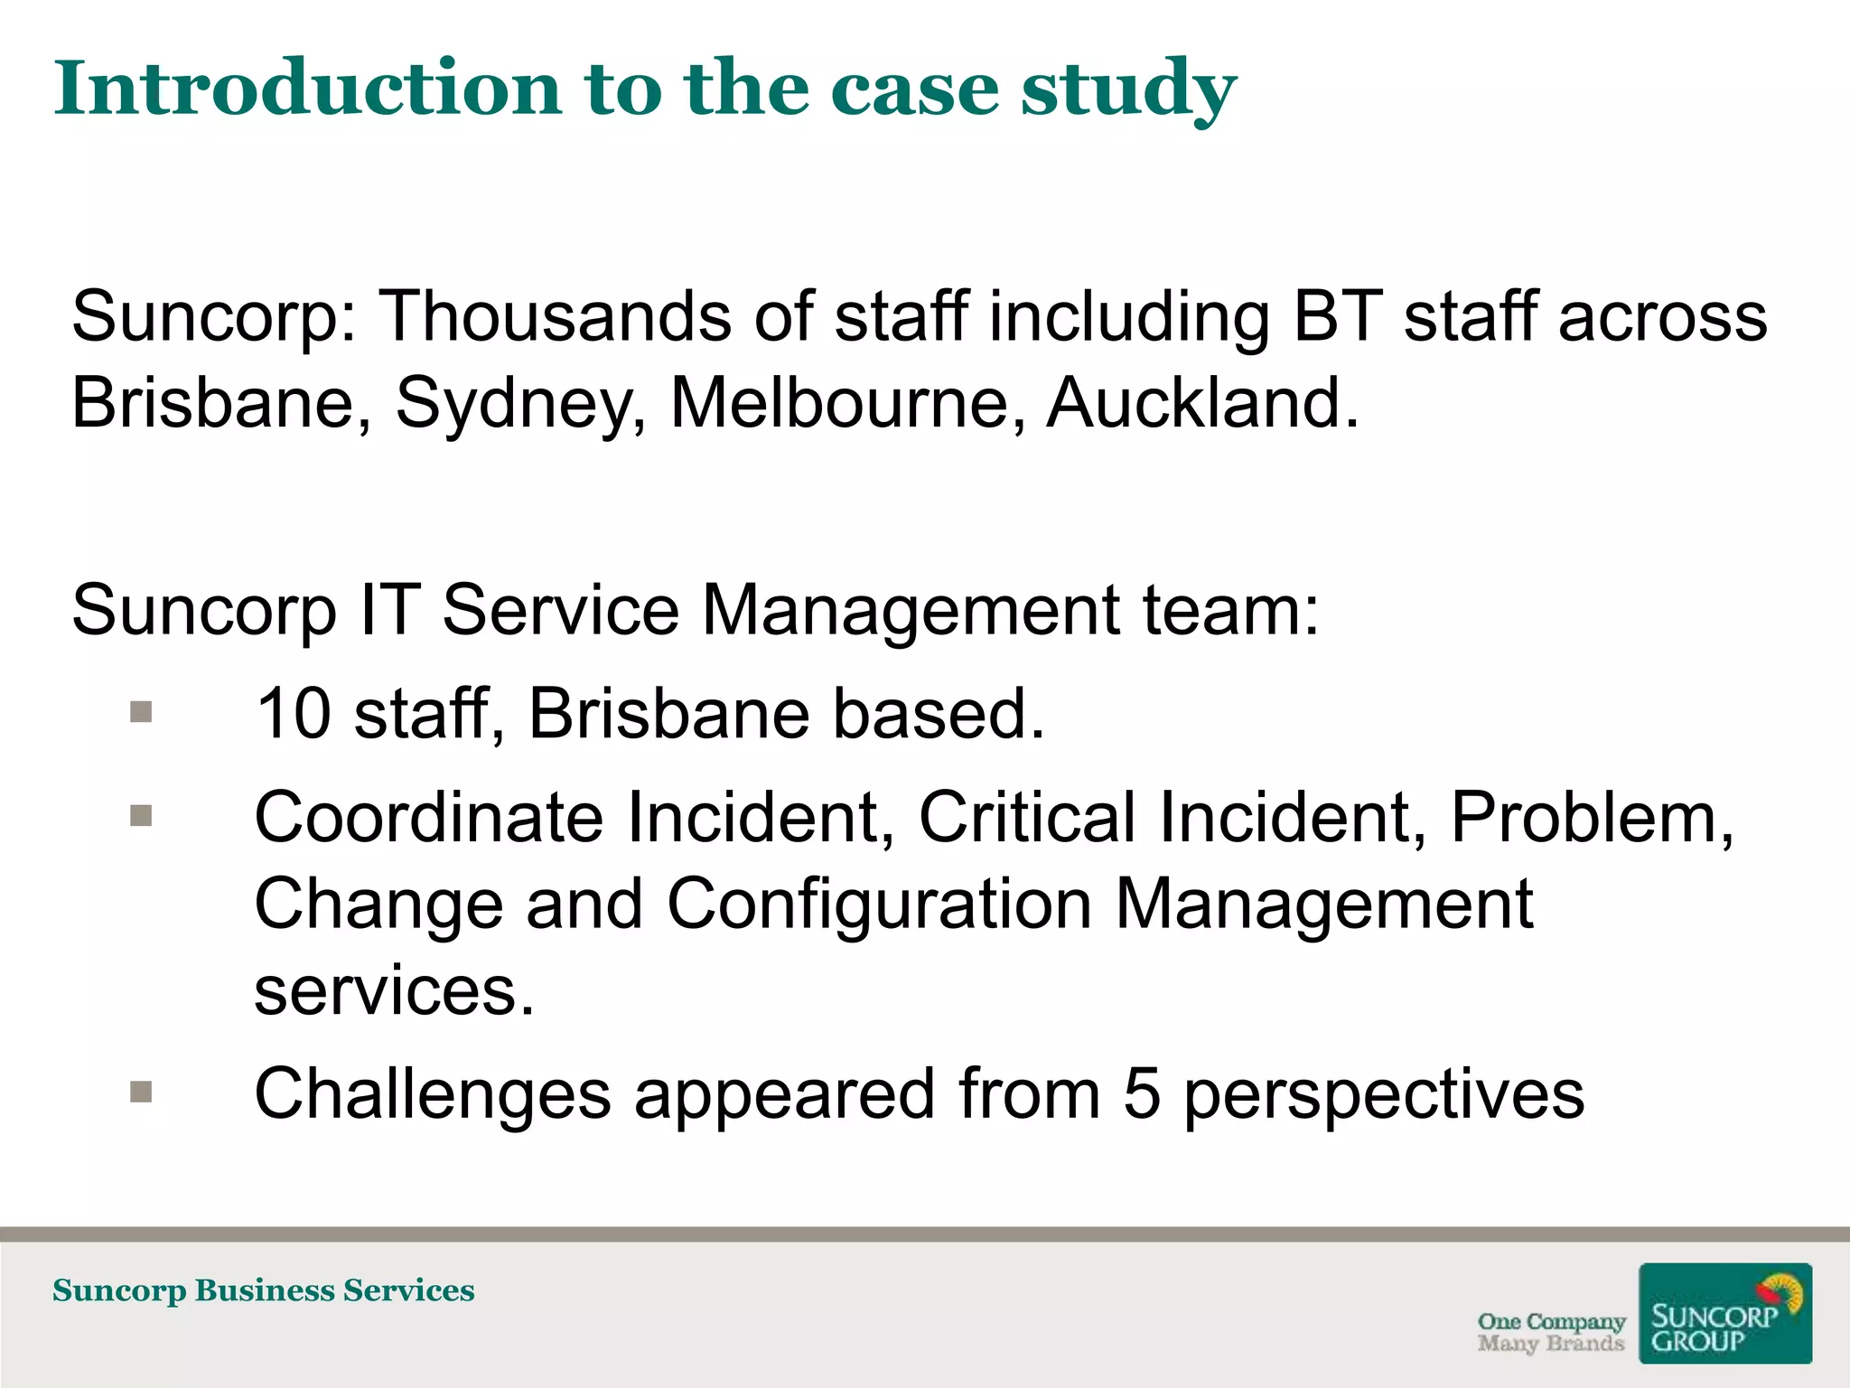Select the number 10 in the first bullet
[293, 714]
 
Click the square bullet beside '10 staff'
[141, 713]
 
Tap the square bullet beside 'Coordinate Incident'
[141, 816]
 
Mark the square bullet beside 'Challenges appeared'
[141, 1093]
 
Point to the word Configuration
[879, 904]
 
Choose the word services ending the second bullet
[394, 990]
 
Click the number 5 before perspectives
[1142, 1093]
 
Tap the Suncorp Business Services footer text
[263, 1290]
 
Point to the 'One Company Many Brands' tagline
[1550, 1333]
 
